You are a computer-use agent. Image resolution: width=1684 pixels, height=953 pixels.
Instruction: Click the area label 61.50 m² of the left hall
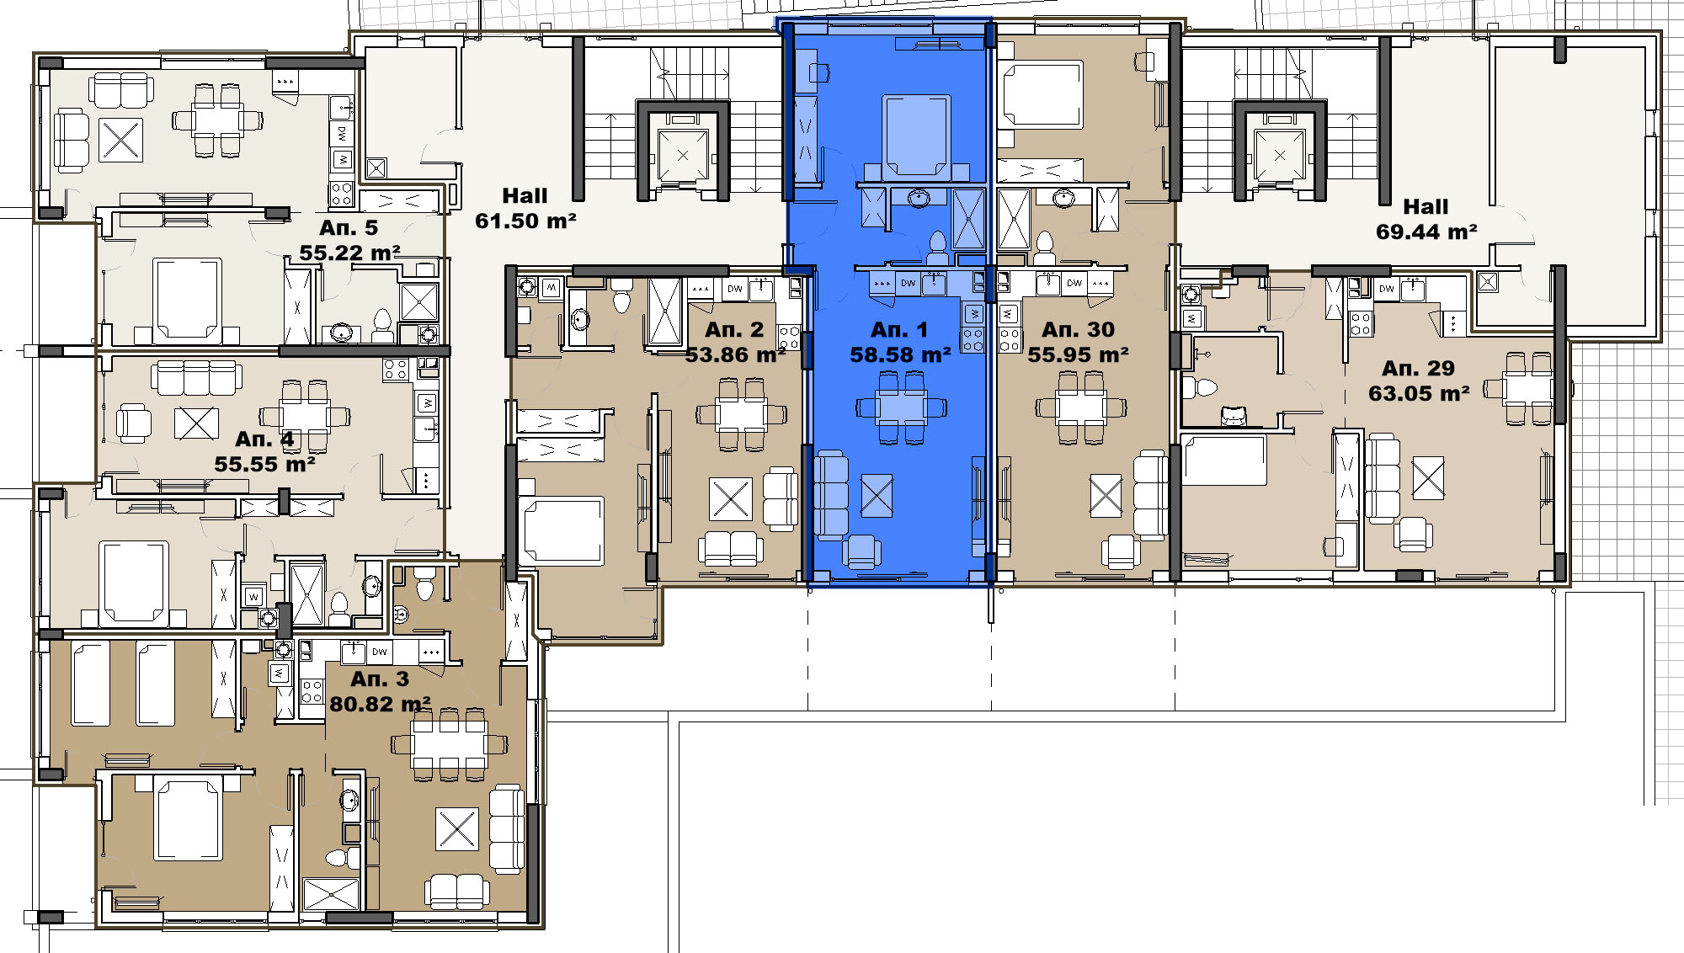tap(525, 221)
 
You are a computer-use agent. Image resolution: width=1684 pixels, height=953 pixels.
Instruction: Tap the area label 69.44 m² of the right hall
tap(1426, 232)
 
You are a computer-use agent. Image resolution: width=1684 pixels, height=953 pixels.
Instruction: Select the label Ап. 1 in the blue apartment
tap(899, 330)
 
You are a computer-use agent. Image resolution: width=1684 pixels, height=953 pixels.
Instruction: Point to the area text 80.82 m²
tap(381, 704)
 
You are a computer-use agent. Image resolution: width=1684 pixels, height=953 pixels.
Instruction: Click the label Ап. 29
tap(1418, 369)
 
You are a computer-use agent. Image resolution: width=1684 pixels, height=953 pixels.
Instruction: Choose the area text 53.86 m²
tap(735, 355)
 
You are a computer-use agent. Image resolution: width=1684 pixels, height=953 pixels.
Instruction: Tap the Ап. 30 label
tap(1078, 330)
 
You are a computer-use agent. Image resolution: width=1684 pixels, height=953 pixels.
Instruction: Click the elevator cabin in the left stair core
tap(683, 155)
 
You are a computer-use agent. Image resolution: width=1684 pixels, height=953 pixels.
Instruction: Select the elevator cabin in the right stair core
tap(1280, 155)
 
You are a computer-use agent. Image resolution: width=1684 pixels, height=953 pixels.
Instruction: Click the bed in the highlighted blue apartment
tap(916, 136)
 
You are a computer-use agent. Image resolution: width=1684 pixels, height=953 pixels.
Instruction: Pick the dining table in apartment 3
tap(450, 744)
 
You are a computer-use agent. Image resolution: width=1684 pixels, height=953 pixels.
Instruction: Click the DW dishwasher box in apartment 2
tap(735, 289)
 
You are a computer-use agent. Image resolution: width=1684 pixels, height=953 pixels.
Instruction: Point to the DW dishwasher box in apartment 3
tap(380, 652)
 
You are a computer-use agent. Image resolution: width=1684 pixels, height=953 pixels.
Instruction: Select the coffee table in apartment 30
tap(1106, 495)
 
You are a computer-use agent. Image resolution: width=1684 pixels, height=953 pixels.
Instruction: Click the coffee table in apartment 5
tap(120, 140)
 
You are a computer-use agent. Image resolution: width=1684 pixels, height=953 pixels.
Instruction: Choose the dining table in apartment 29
tap(1529, 388)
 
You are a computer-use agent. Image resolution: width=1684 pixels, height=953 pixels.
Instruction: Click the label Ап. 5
tap(349, 228)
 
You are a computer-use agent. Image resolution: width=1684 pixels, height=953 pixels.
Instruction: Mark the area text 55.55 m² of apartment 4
tap(265, 465)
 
